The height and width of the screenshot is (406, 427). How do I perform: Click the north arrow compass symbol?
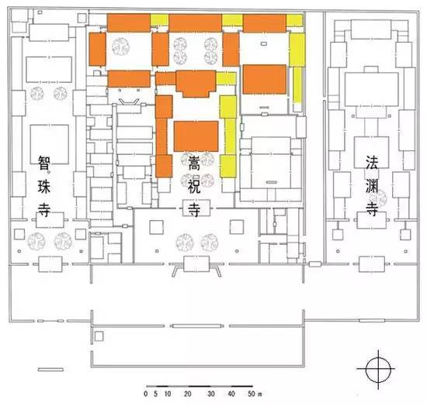tap(378, 370)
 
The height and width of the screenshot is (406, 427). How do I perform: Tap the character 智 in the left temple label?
tap(44, 163)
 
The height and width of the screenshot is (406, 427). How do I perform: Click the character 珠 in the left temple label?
tap(44, 187)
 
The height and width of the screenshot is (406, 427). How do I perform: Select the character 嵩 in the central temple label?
tap(194, 162)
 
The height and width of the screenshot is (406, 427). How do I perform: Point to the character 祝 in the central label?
tap(194, 186)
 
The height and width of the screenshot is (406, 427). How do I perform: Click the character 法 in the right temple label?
tap(372, 162)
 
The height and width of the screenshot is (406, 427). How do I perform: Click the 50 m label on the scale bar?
tap(255, 394)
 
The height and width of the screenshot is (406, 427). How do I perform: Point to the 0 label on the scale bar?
tap(146, 394)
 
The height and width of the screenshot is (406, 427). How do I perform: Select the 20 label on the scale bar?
tap(187, 394)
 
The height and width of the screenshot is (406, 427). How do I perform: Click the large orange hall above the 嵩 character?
tap(196, 136)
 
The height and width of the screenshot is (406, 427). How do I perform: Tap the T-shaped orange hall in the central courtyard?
tap(196, 84)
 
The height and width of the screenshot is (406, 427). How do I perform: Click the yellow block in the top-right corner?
tap(295, 21)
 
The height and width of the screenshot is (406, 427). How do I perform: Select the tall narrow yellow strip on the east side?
tap(297, 84)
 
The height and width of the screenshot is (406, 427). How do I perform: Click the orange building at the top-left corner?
tap(129, 22)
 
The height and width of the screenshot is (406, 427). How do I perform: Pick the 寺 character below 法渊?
tap(372, 208)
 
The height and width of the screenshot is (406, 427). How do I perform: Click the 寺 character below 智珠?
tap(44, 210)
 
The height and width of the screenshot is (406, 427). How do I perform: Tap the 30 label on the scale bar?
tap(210, 394)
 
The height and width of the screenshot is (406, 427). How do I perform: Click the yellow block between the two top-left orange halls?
tap(160, 19)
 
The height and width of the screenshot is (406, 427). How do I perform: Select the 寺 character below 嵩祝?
tap(194, 209)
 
